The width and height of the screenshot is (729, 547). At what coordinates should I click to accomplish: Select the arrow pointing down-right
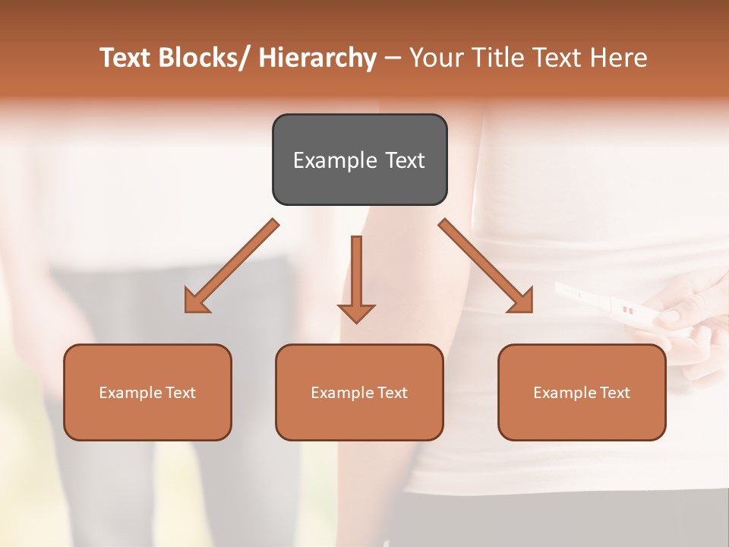[x=486, y=266]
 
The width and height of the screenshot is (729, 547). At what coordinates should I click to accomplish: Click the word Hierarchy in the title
[x=317, y=58]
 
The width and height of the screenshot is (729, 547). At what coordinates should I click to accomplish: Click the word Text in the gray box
[x=405, y=161]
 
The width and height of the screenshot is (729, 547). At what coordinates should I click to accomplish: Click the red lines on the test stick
[x=627, y=310]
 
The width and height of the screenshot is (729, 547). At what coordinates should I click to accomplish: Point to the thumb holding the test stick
[x=672, y=315]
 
